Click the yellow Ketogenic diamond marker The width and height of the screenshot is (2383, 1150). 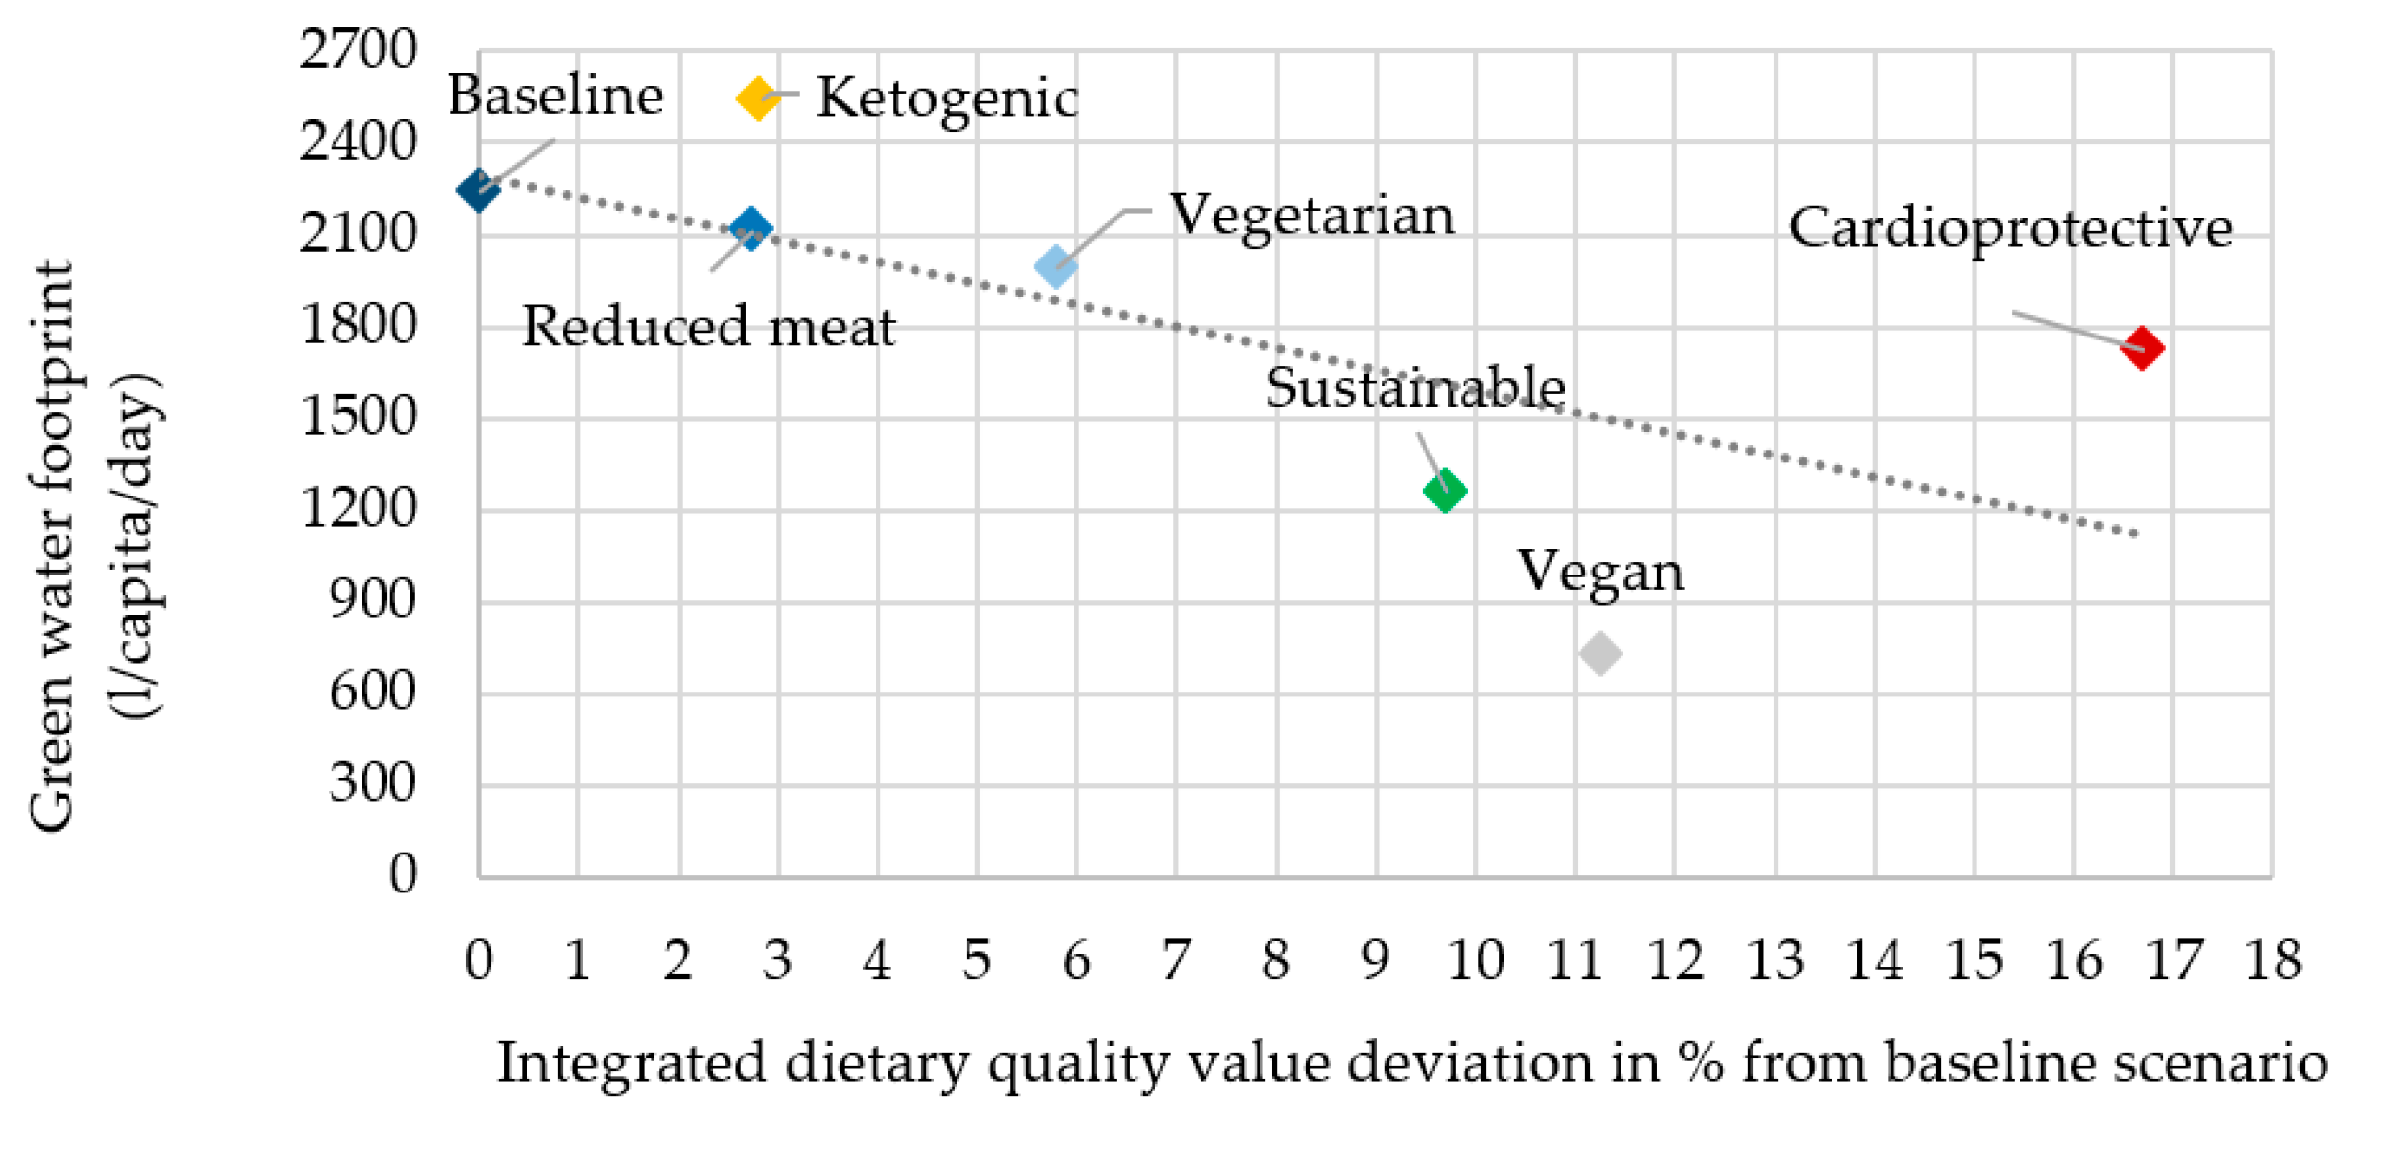coord(757,98)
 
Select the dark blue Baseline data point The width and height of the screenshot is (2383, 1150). coord(478,188)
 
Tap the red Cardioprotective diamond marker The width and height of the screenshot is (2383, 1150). coord(2141,348)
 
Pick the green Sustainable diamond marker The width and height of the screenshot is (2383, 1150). coord(1444,490)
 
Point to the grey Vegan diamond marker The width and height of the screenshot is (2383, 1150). coord(1599,653)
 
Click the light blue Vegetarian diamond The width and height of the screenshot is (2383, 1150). coord(1055,265)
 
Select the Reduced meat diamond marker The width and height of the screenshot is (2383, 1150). coord(750,228)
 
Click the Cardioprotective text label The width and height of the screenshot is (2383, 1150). coord(2010,228)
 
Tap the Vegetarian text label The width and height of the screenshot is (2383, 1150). coord(1311,215)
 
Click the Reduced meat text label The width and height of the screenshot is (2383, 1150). coord(709,327)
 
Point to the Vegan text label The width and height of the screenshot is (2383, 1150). coord(1600,572)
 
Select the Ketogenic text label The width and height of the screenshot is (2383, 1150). coord(947,99)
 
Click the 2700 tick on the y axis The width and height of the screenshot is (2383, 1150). coord(358,49)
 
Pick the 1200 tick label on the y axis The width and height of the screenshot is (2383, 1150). coord(358,508)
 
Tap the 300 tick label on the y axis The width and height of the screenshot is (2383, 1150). coord(371,783)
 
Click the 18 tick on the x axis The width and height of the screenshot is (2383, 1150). coord(2273,961)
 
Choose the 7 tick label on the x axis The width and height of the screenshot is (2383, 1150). coord(1176,961)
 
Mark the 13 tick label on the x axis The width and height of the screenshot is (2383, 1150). coord(1775,961)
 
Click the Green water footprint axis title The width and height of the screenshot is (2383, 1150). coord(51,546)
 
